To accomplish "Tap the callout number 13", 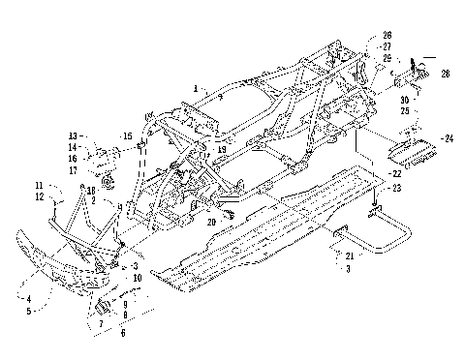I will (x=72, y=135).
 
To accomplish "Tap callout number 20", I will (x=210, y=222).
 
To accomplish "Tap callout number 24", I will (x=448, y=138).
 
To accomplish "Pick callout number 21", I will (x=345, y=255).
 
